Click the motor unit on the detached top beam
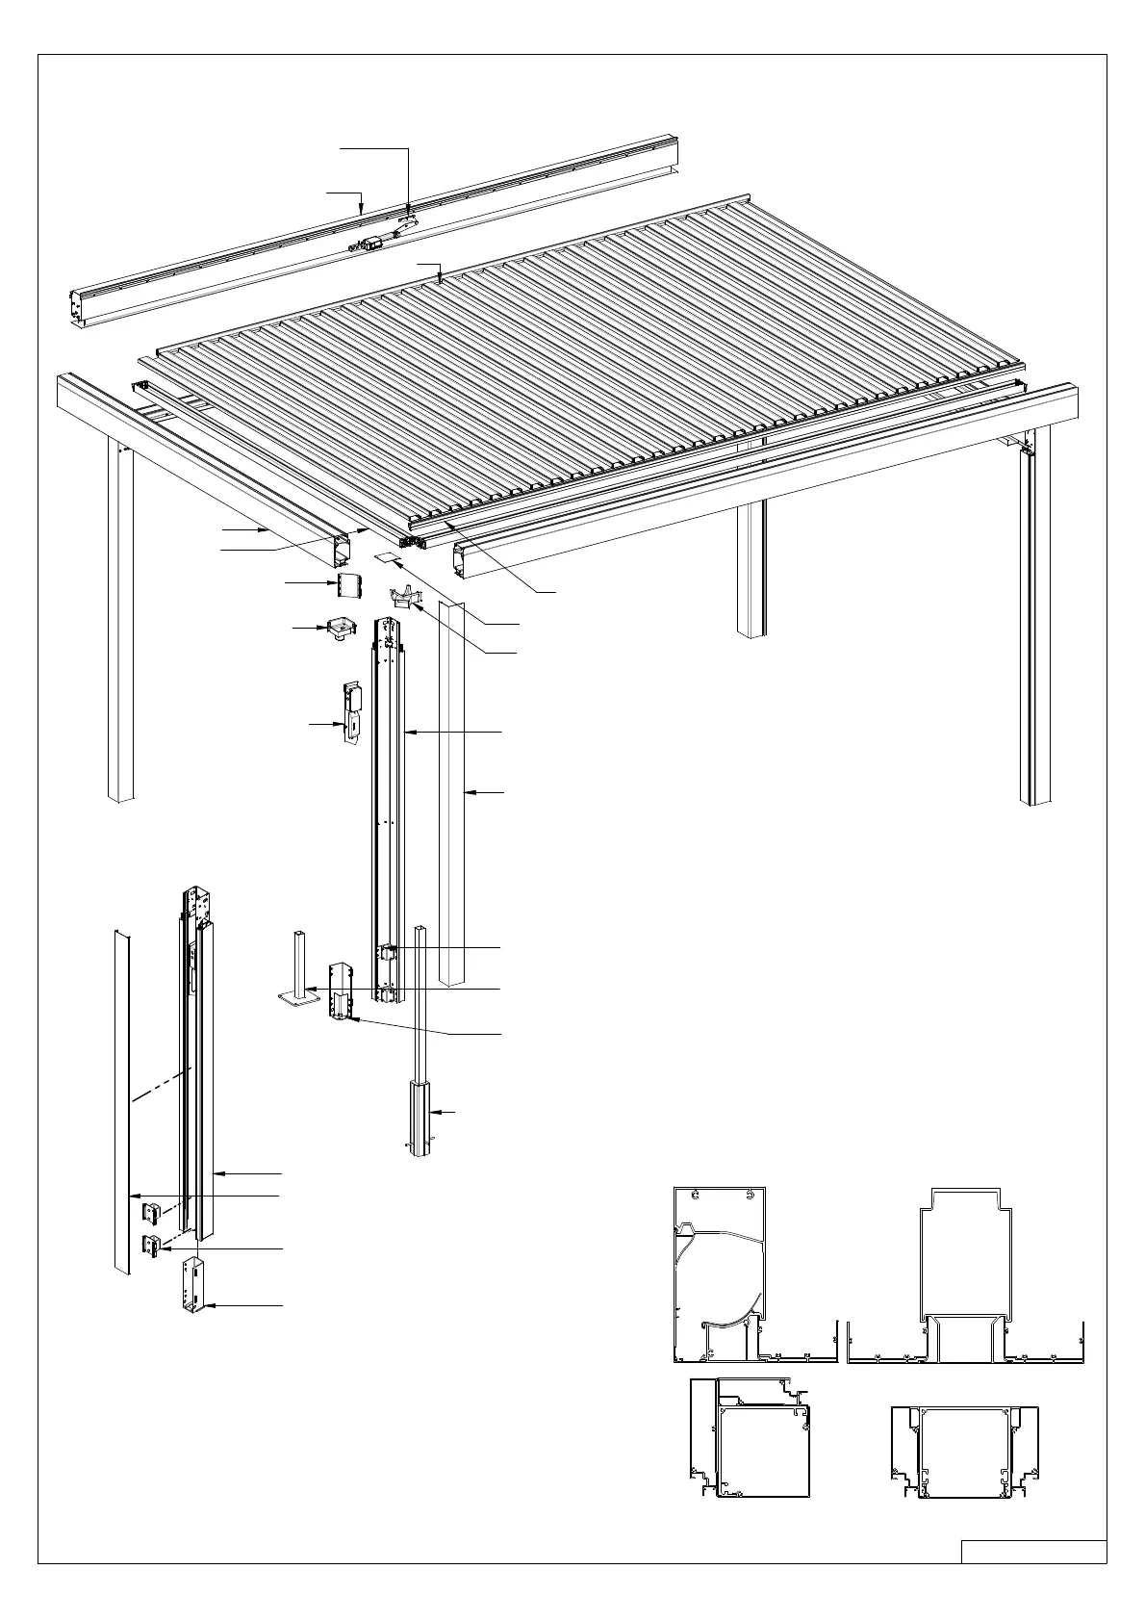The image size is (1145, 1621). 369,245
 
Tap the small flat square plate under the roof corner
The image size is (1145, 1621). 386,557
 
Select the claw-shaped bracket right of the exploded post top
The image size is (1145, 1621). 406,598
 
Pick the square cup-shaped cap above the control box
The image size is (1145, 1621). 342,628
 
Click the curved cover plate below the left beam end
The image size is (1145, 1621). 348,583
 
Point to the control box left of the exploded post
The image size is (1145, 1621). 351,711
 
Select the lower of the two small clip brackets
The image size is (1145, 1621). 153,1245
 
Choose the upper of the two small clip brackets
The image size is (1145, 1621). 153,1210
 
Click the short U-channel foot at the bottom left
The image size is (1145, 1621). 192,1286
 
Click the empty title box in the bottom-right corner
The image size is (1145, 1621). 1033,1552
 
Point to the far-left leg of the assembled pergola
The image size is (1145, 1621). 119,626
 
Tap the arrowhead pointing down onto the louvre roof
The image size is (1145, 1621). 439,280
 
